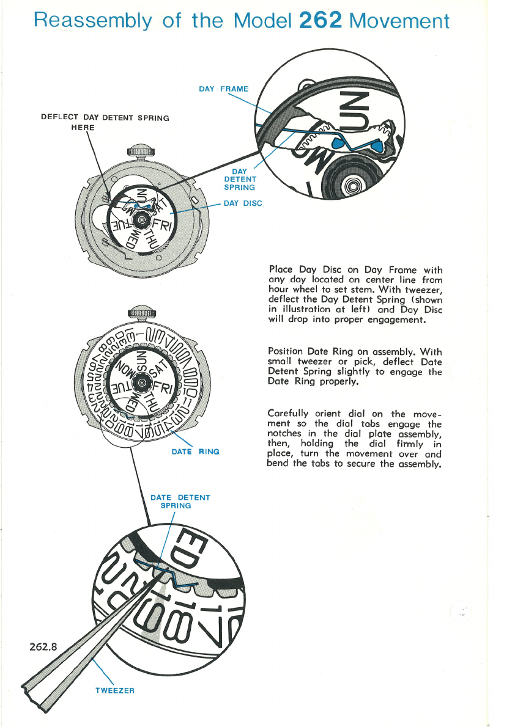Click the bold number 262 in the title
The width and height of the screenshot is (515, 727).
click(320, 21)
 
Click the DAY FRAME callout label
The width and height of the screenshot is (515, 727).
click(224, 89)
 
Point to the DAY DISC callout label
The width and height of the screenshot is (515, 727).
click(243, 203)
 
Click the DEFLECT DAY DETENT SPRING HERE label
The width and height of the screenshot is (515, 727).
click(105, 122)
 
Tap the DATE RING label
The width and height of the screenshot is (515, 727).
click(195, 451)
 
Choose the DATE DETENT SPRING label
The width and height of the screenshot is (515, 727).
click(180, 502)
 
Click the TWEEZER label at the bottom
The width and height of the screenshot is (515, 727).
click(114, 690)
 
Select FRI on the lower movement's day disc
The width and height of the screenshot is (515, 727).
click(163, 389)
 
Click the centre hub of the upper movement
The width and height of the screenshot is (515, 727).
click(141, 221)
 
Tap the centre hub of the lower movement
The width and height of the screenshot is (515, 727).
click(141, 383)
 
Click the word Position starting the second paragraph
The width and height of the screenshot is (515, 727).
click(286, 351)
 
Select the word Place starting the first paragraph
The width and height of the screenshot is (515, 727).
click(281, 269)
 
